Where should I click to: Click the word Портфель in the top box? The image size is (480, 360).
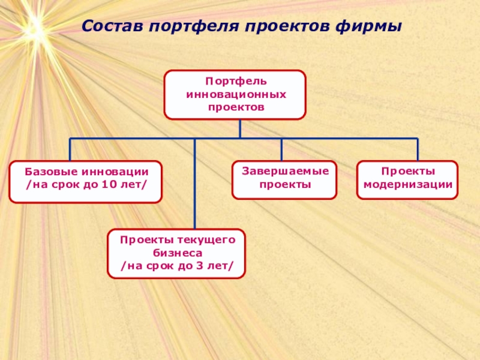(x=235, y=81)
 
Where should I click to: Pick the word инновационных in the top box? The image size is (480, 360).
(x=235, y=94)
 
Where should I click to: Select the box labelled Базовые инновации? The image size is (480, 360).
(x=85, y=181)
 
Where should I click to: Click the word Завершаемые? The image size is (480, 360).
(x=285, y=172)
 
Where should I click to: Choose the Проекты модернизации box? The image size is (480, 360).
(x=407, y=179)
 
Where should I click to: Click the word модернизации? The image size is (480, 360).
(x=407, y=185)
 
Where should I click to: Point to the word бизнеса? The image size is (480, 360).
(x=176, y=253)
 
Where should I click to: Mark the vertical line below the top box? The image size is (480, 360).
(x=240, y=128)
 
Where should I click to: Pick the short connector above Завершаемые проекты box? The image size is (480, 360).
(x=281, y=149)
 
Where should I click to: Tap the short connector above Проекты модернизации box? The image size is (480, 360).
(x=417, y=149)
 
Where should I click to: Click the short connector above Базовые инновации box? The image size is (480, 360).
(x=70, y=149)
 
